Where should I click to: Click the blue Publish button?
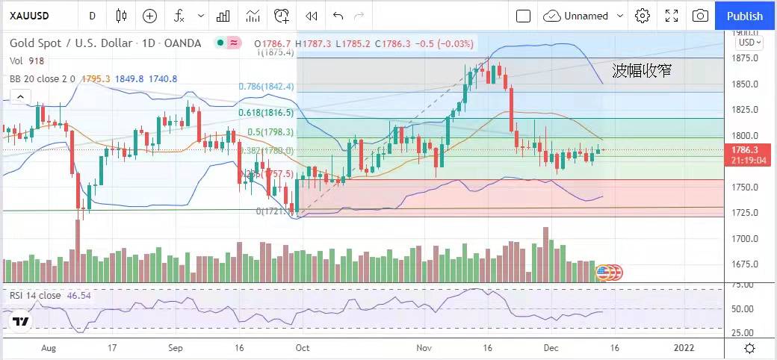(x=745, y=16)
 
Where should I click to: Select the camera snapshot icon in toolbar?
(x=700, y=16)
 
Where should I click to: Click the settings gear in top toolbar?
(x=643, y=16)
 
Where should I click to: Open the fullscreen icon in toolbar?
(x=672, y=16)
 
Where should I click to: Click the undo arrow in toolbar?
(x=338, y=16)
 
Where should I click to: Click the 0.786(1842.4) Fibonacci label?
(x=267, y=87)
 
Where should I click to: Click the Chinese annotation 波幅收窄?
(x=641, y=71)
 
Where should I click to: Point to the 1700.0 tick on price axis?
(x=745, y=239)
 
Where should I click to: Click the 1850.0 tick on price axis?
(x=745, y=84)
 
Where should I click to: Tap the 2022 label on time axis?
(x=684, y=348)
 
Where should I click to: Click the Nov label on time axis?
(x=424, y=348)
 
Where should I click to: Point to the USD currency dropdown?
(x=748, y=43)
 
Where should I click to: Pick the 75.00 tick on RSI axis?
(x=743, y=285)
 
